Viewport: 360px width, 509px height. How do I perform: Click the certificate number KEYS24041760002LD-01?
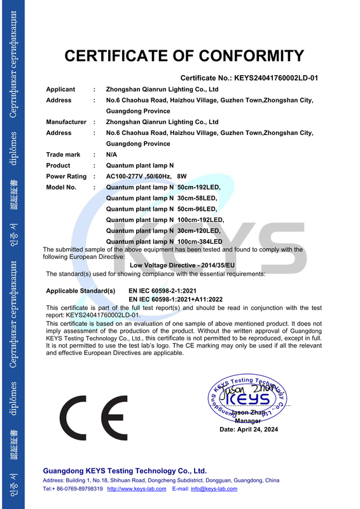[275, 78]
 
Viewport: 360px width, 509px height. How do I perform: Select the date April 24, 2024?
[249, 429]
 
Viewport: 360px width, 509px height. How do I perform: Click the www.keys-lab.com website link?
[137, 489]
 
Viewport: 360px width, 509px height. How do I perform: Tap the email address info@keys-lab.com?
[214, 489]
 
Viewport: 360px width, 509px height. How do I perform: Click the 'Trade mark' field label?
[63, 155]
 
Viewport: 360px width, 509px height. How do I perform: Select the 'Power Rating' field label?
[66, 176]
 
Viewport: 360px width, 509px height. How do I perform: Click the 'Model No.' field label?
[61, 188]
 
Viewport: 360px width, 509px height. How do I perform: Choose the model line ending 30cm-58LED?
[162, 199]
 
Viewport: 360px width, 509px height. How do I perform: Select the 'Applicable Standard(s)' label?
[81, 291]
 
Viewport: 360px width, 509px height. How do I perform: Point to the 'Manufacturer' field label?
[66, 122]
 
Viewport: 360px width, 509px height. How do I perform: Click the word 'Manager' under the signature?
[247, 421]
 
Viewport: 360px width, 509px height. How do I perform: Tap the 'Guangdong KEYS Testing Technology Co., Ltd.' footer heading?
[125, 470]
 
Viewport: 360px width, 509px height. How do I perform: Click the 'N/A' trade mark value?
[111, 155]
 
